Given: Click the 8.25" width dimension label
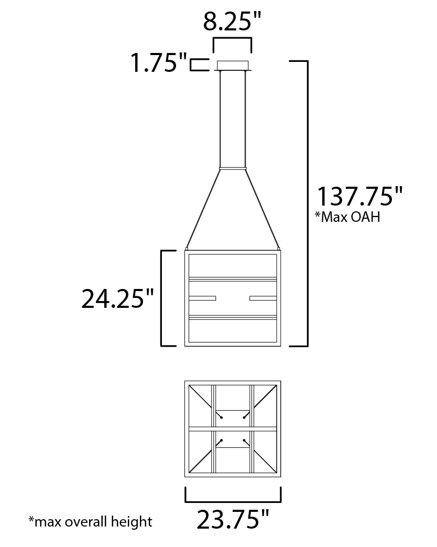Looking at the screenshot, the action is click(232, 21).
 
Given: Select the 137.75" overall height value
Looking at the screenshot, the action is click(359, 196).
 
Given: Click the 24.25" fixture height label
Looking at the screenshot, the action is click(117, 298).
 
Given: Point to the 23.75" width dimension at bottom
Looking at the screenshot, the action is click(233, 520).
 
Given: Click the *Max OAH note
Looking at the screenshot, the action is click(347, 217).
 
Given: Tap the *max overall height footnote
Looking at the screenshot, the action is click(90, 522).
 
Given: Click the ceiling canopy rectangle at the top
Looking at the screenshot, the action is click(233, 65).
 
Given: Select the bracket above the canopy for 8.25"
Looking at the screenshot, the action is click(233, 38).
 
